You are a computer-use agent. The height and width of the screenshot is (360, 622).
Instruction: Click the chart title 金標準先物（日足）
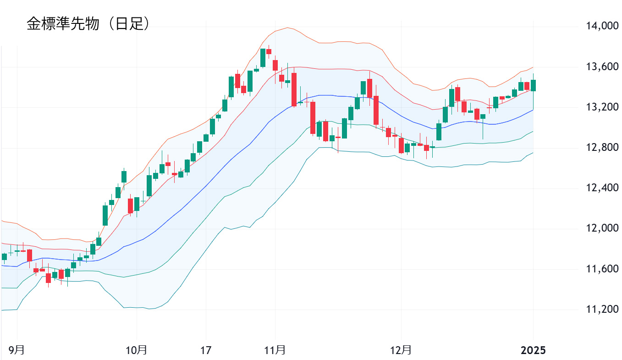[88, 24]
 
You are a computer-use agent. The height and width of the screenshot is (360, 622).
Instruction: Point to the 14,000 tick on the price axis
[602, 26]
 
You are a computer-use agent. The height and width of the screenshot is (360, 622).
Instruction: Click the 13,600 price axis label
[602, 67]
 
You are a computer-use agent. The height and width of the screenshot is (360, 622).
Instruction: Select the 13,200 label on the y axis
[602, 107]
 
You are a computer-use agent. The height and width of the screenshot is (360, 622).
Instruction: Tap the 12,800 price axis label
[602, 148]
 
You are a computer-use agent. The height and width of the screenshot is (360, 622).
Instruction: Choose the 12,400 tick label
[602, 188]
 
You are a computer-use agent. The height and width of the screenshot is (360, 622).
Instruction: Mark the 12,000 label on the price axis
[602, 228]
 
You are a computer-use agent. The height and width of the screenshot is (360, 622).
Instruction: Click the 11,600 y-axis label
[602, 269]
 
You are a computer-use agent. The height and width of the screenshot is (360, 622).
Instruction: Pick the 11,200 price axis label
[602, 309]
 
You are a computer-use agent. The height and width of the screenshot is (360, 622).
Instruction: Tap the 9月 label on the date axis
[17, 351]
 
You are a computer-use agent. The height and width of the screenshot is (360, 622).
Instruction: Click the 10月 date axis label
[137, 351]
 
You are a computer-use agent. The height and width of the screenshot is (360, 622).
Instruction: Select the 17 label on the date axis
[206, 351]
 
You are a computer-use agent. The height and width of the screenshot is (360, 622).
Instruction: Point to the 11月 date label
[275, 351]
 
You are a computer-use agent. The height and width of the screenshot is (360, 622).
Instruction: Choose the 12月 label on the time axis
[401, 351]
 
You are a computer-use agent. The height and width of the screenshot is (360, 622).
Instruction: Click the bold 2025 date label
[534, 351]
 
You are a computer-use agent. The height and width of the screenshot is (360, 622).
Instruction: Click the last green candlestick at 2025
[534, 86]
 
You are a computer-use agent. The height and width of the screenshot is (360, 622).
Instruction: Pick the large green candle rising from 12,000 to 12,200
[105, 215]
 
